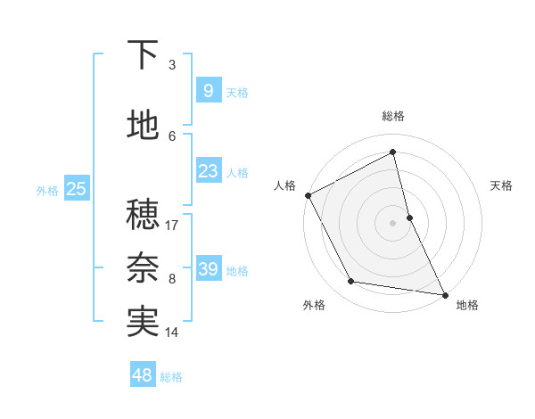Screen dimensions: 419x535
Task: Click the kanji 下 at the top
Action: pos(143,56)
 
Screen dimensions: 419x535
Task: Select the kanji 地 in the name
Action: pos(143,127)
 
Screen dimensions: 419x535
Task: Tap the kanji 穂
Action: pos(143,215)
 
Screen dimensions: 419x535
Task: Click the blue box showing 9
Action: pos(208,90)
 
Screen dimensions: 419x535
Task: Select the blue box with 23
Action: pos(208,170)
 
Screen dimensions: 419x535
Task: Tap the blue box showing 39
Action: pos(208,268)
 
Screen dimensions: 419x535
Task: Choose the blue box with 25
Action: pos(77,188)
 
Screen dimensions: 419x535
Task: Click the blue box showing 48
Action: pos(143,375)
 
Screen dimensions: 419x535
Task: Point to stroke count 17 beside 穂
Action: pos(172,225)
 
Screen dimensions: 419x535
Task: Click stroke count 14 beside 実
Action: pos(172,333)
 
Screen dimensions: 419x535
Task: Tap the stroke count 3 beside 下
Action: pos(172,65)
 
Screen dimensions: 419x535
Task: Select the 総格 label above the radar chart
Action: pos(393,116)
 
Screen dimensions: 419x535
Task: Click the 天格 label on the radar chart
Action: pos(502,185)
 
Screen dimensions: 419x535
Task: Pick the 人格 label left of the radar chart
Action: pos(285,185)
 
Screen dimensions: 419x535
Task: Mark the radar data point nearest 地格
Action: pos(444,293)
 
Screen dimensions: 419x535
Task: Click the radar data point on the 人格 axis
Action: pos(308,194)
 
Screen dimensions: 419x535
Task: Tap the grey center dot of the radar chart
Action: pos(393,222)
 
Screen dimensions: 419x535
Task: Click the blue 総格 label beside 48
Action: pos(171,377)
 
